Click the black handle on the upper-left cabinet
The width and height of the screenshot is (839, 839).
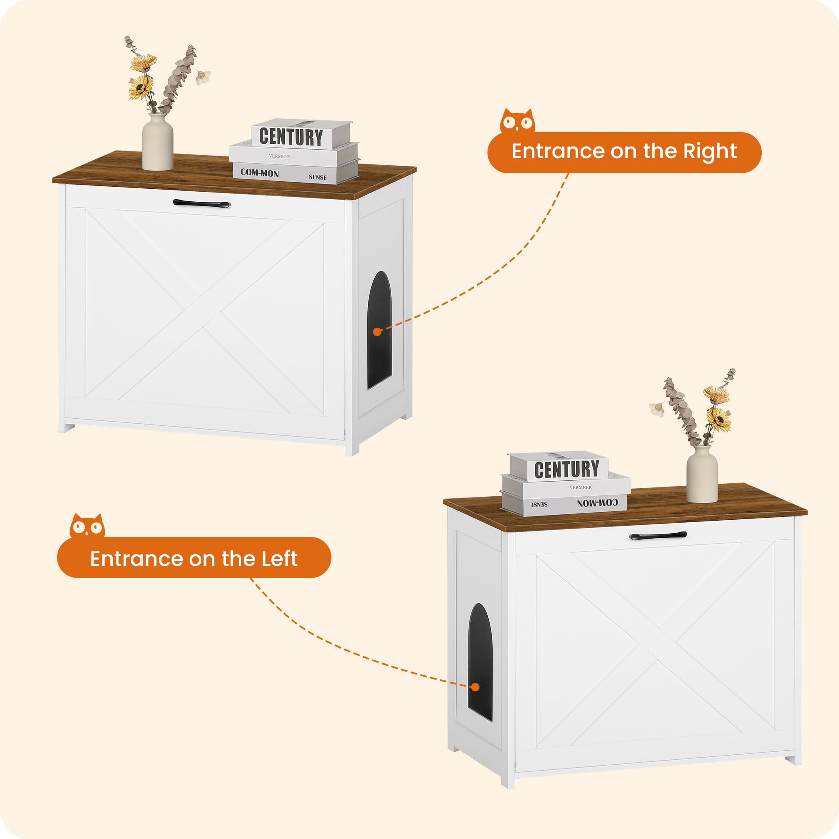tap(201, 203)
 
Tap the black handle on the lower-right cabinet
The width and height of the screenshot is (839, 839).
tap(658, 536)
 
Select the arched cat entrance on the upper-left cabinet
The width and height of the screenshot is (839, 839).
tap(380, 331)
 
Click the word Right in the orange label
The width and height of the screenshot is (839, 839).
tap(710, 151)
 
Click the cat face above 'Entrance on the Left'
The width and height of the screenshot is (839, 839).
tap(87, 526)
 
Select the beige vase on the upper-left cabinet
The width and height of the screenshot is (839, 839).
tap(158, 142)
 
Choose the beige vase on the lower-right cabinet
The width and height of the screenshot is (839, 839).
tap(702, 474)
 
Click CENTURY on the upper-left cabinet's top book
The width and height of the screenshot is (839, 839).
tap(291, 137)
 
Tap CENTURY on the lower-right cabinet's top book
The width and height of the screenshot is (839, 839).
tap(566, 469)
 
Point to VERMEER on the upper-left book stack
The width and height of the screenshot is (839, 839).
tap(280, 156)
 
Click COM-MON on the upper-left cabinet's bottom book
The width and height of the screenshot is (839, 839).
tap(260, 173)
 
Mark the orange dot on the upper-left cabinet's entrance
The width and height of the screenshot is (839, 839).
tap(378, 332)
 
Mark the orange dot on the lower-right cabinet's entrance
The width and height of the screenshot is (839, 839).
tap(476, 688)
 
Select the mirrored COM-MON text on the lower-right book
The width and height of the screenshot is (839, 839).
tap(597, 503)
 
